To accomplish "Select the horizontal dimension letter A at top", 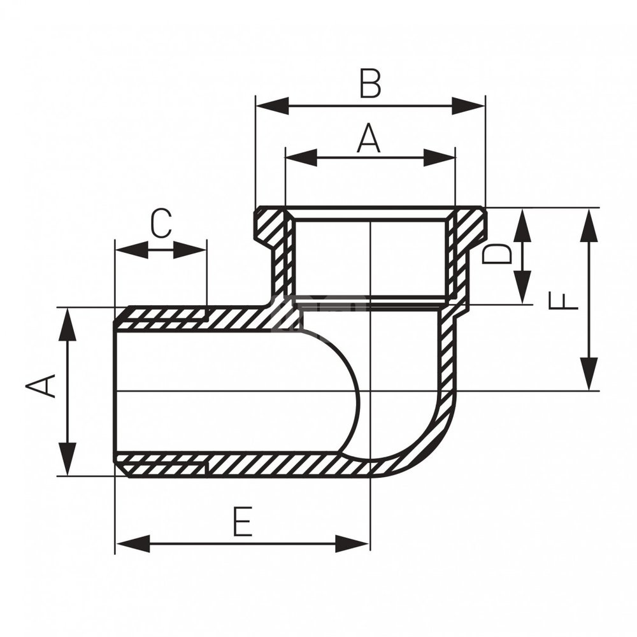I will click(369, 140).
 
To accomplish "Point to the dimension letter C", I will click(161, 224).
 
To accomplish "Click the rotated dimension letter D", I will click(497, 253).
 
